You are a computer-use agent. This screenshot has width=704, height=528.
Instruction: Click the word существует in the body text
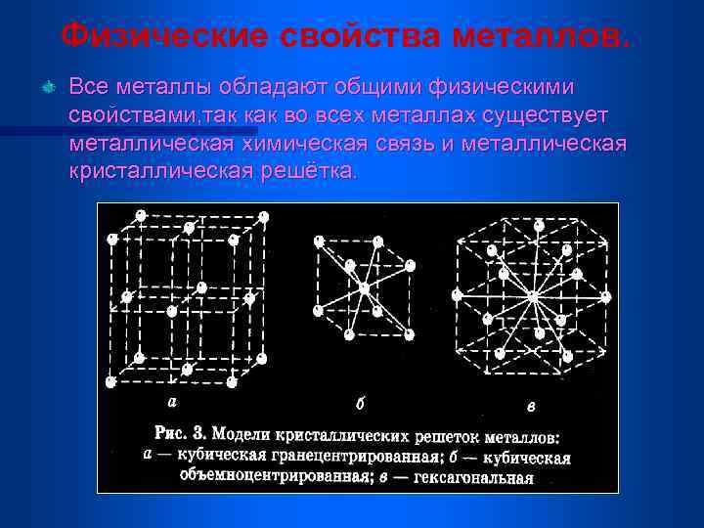tap(550, 115)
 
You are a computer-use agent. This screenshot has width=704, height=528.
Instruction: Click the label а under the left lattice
tap(173, 401)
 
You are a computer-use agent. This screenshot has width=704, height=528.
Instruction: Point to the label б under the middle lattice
tap(361, 403)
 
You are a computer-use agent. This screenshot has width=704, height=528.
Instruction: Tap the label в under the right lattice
tap(531, 405)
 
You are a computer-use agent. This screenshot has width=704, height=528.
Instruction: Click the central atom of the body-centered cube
tap(364, 287)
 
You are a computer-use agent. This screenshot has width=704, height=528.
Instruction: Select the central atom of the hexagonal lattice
tap(533, 295)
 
